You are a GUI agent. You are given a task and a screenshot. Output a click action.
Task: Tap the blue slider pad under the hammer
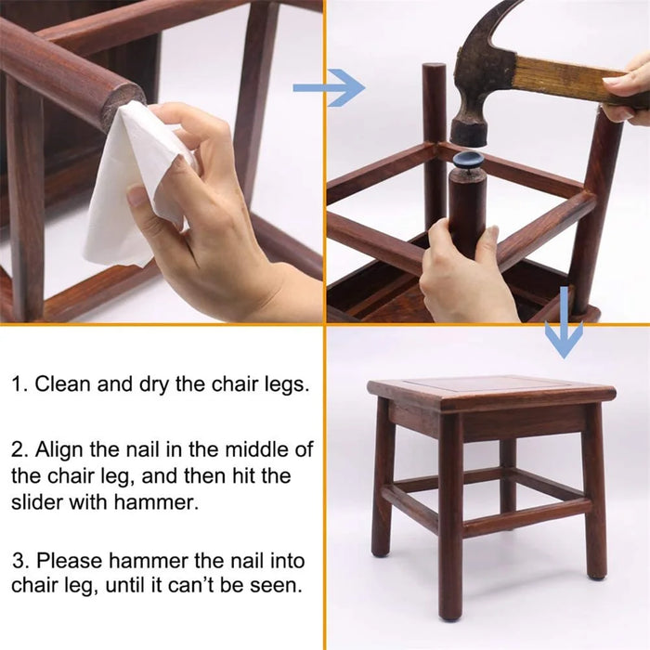tap(469, 160)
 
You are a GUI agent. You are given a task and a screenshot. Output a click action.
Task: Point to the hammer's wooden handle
tap(580, 81)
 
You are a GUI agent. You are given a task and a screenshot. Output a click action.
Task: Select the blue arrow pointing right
tap(329, 88)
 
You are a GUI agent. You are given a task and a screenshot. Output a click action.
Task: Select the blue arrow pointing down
tap(564, 322)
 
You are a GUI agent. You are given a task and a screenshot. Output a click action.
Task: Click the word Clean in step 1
tap(62, 383)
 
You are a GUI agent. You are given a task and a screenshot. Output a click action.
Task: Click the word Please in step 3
tap(70, 561)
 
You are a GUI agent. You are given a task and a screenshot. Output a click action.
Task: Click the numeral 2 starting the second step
tap(19, 450)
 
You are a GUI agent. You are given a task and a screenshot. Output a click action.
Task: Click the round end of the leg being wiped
tap(124, 99)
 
